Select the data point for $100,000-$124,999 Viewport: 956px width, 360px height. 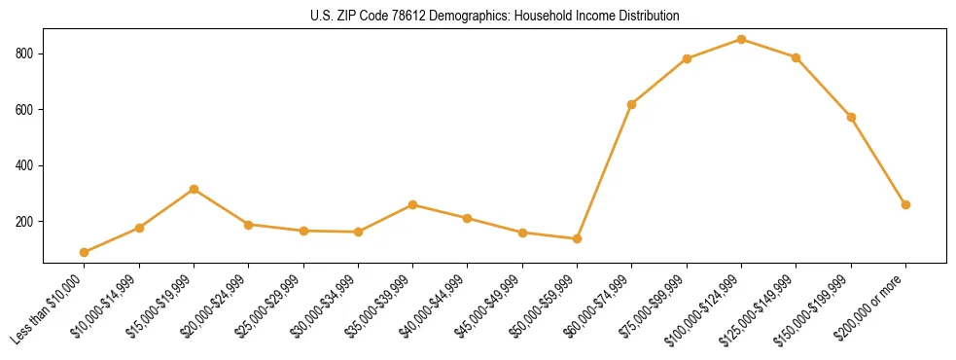(741, 40)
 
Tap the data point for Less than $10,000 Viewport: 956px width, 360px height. (85, 252)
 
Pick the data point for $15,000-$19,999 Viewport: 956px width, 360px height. (195, 189)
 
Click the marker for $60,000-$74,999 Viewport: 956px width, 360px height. (632, 104)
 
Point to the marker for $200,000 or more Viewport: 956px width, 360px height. (905, 204)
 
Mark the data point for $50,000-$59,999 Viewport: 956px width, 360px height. (578, 238)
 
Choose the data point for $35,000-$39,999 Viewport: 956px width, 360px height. (413, 204)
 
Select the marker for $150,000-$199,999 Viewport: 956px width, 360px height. (851, 117)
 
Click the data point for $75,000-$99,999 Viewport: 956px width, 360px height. (687, 58)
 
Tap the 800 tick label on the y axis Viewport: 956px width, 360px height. (26, 54)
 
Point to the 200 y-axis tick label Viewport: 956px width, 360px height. (26, 222)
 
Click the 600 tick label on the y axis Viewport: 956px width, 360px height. (26, 110)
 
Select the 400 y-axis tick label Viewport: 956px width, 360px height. (26, 165)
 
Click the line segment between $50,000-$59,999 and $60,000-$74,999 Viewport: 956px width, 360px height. (605, 171)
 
